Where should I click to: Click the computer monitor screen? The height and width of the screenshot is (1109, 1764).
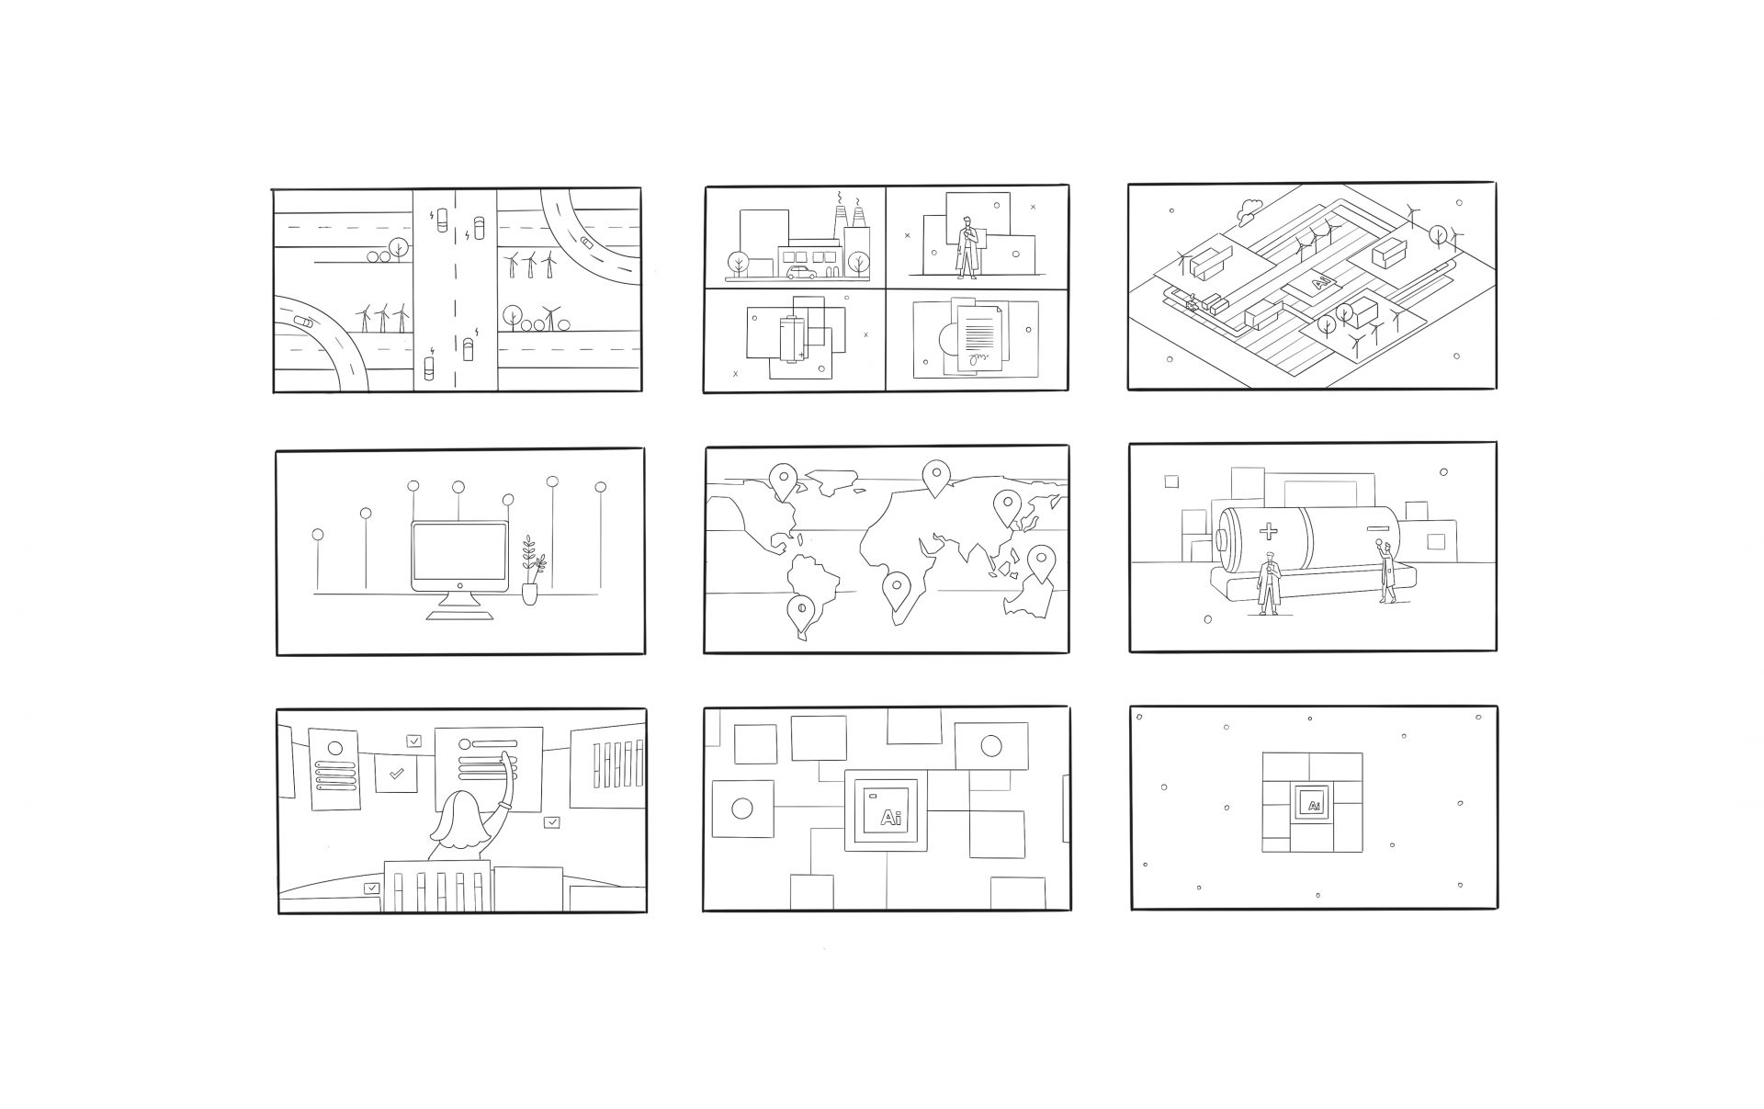(459, 556)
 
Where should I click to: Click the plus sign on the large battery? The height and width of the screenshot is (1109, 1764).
(1268, 530)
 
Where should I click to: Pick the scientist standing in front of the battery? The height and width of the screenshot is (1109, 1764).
(1268, 583)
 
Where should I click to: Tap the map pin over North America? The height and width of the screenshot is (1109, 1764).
(783, 481)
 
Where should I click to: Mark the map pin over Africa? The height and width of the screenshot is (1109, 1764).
(896, 590)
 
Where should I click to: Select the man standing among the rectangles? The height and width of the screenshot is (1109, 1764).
(966, 247)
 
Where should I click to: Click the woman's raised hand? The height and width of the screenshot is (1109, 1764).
(504, 761)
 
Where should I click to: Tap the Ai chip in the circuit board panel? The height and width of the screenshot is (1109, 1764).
(886, 810)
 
